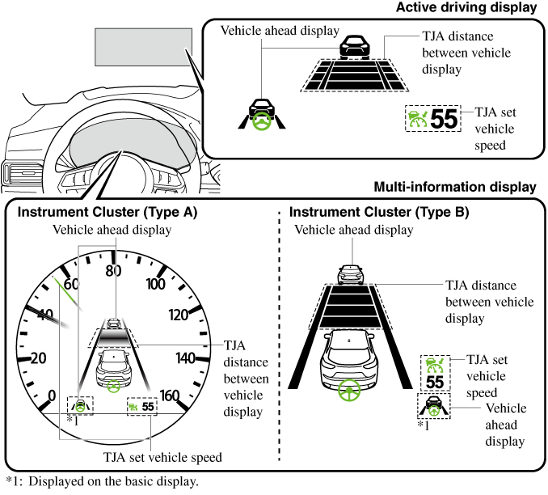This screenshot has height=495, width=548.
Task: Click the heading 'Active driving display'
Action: pyautogui.click(x=466, y=8)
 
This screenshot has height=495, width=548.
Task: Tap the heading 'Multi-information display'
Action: pyautogui.click(x=455, y=187)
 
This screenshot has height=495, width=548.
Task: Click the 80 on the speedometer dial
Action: pyautogui.click(x=113, y=271)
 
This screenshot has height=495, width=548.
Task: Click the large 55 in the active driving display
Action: pyautogui.click(x=444, y=120)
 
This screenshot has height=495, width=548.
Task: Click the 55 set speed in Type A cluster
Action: pyautogui.click(x=148, y=407)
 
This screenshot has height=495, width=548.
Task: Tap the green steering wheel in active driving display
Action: pyautogui.click(x=260, y=121)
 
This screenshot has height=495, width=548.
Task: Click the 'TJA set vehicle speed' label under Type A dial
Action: pyautogui.click(x=162, y=457)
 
